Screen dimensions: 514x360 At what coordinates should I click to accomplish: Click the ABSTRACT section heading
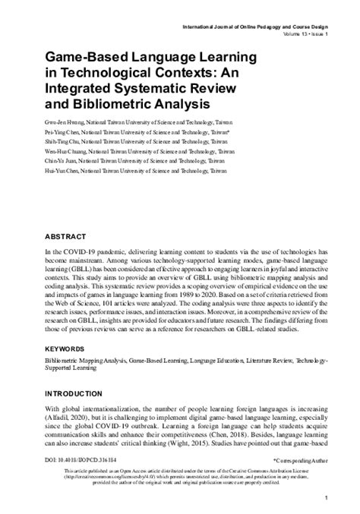67,236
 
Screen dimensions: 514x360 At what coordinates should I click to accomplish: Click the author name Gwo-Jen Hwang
62,120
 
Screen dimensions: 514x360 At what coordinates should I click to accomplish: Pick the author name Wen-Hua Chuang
63,150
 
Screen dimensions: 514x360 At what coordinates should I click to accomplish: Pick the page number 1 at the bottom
325,497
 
